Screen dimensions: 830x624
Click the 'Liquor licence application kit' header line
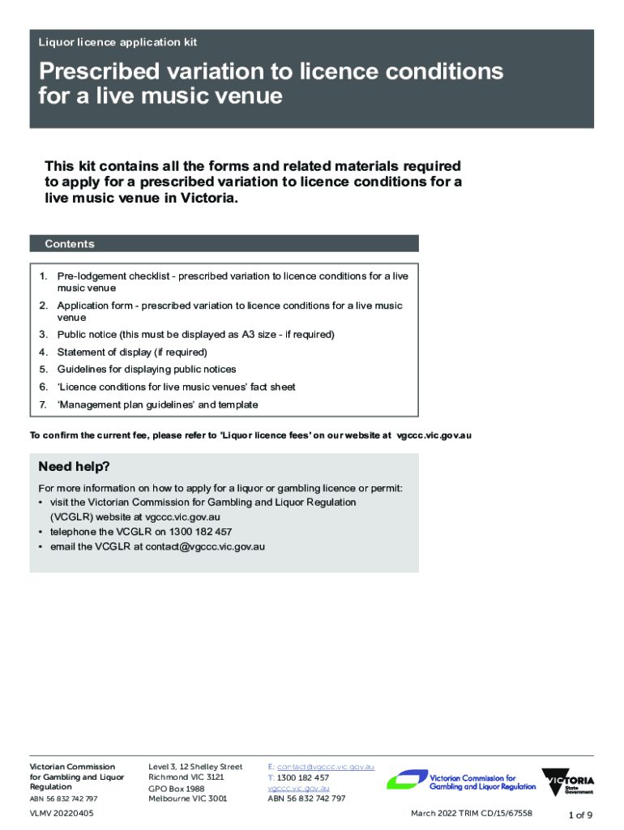click(118, 42)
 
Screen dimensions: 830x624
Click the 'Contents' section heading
click(70, 244)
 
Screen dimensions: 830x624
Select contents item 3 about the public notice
click(195, 334)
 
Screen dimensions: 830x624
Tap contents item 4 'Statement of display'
click(132, 352)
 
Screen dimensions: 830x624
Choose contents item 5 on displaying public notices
click(147, 370)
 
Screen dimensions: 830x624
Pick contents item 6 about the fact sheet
click(176, 387)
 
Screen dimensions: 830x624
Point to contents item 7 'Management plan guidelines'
click(157, 404)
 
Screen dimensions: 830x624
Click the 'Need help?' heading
click(74, 467)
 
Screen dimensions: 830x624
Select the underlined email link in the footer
click(325, 767)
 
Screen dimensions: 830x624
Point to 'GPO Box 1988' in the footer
click(176, 789)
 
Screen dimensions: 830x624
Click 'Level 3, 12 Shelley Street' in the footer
click(195, 767)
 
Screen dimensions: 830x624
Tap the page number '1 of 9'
click(580, 815)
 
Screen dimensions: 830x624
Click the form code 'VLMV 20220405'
click(62, 813)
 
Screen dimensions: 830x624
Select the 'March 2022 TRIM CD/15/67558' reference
click(471, 813)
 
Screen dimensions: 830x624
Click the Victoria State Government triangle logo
click(569, 783)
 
